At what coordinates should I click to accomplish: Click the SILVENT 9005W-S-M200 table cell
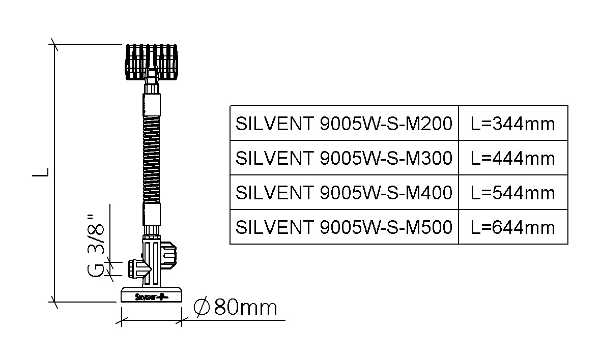coord(344,124)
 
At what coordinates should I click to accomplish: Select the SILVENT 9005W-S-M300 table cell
coord(344,158)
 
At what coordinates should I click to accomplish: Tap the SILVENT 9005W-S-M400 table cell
coord(344,192)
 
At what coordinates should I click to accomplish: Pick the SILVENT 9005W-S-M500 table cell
coord(344,227)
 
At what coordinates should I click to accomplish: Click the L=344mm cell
coord(513,124)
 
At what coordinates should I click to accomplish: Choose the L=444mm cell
coord(513,158)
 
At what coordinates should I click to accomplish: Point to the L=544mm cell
coord(513,192)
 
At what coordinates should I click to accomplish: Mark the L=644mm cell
coord(513,227)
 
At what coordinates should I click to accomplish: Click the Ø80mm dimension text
coord(235,307)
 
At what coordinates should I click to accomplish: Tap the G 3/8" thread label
coord(96,246)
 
